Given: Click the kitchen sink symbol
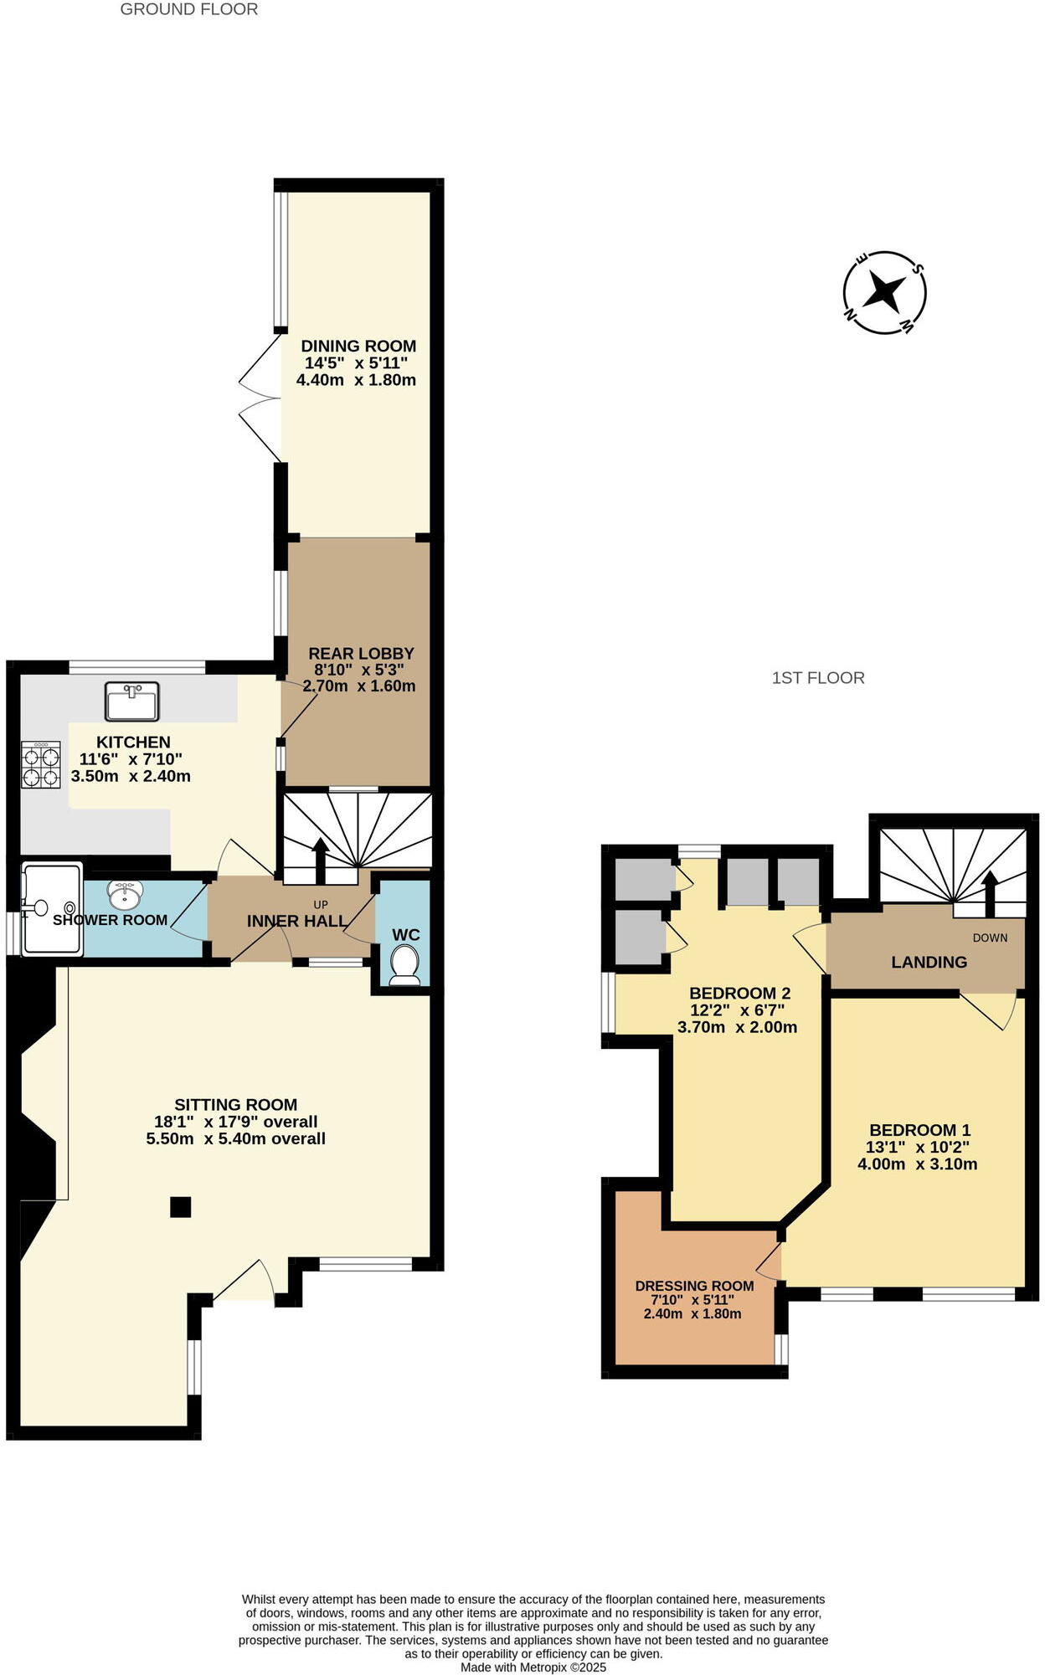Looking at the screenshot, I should pos(132,701).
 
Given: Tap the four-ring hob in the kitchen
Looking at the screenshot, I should pos(41,765).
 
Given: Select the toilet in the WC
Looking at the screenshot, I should pos(405,964).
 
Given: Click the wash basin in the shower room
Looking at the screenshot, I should pos(126,895).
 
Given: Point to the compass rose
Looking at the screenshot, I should pos(884,293).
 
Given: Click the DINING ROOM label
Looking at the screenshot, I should pos(358,346).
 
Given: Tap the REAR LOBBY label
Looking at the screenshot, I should pos(361,653).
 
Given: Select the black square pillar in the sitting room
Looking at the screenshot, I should pos(180,1206).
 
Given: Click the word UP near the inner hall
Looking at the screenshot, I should pos(320,905).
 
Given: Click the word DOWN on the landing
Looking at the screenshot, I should pos(990,938).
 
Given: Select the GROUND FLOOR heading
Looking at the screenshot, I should pos(189,9).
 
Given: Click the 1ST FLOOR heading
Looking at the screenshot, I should pos(818,678).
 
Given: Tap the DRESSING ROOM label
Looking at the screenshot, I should pos(694,1286).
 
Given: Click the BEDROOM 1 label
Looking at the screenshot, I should pos(919,1130).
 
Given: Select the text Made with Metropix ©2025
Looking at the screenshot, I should pos(533,1667).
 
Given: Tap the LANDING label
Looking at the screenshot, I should pos(929,962).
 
